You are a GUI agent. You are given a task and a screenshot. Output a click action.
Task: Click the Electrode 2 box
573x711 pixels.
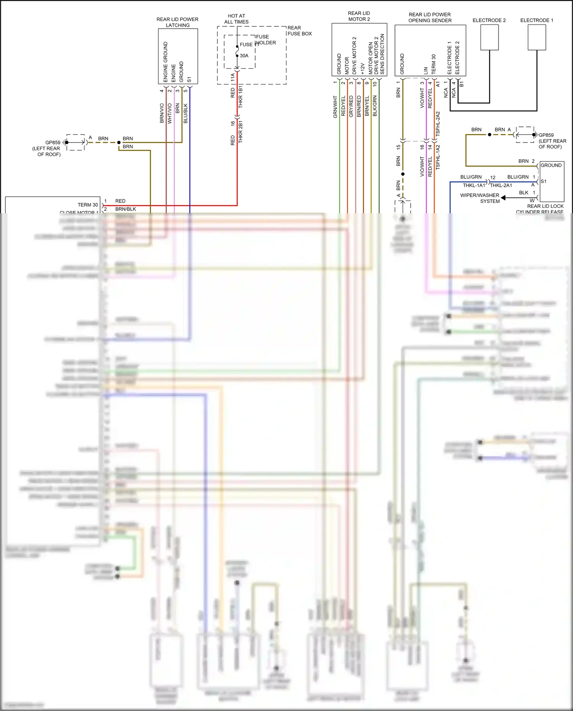[x=489, y=37]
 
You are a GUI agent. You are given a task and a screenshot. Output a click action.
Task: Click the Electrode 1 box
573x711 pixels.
[x=537, y=37]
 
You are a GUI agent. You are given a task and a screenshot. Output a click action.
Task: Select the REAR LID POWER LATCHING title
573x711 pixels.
[x=177, y=22]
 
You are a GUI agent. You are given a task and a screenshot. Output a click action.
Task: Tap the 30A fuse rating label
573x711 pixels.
[x=244, y=56]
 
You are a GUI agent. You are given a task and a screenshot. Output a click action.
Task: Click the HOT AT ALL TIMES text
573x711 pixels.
[x=236, y=19]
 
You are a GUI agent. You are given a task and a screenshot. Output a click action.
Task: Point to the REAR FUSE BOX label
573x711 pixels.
[x=299, y=31]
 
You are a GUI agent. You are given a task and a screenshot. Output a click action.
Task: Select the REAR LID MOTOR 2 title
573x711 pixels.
[x=359, y=16]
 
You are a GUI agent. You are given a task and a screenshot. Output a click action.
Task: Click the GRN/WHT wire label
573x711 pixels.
[x=335, y=107]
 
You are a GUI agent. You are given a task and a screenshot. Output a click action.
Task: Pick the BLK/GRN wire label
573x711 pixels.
[x=375, y=106]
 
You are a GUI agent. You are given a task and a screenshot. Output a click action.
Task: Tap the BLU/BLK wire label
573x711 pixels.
[x=186, y=113]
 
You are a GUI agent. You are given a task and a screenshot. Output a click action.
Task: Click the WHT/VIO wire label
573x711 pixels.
[x=170, y=113]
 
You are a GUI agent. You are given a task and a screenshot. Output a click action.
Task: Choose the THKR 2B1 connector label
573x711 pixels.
[x=241, y=132]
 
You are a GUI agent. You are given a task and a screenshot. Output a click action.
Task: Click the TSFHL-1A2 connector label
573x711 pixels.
[x=438, y=157]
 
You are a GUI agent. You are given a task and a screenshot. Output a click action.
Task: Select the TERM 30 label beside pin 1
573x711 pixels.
[x=88, y=205]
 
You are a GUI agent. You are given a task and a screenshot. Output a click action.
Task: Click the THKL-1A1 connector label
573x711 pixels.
[x=474, y=185]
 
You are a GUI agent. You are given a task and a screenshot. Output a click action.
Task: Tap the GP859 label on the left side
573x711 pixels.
[x=53, y=143]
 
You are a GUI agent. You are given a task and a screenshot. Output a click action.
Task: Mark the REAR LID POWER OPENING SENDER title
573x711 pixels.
[x=430, y=18]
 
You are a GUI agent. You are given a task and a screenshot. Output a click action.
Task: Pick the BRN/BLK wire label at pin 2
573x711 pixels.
[x=126, y=209]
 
